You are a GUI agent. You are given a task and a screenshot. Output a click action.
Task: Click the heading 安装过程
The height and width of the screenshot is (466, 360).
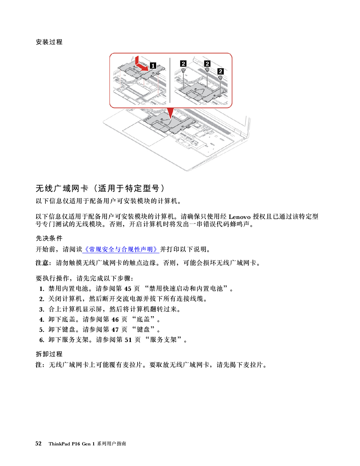(49, 42)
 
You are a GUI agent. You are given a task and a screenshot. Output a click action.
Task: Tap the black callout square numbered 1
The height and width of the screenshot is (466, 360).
(153, 66)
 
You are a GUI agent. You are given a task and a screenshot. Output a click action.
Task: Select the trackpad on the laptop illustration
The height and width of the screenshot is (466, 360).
(145, 134)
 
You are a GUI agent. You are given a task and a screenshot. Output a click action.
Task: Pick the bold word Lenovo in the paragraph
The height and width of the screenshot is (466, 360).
(239, 217)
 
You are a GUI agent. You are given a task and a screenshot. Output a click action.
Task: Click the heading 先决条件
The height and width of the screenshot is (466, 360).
(49, 238)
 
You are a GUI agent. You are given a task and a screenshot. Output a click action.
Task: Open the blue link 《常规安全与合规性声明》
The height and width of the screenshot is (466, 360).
(121, 249)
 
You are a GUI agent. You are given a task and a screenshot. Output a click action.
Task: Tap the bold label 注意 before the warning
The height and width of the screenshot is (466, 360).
(42, 263)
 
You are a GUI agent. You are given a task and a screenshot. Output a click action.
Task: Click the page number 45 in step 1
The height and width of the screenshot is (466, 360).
(128, 289)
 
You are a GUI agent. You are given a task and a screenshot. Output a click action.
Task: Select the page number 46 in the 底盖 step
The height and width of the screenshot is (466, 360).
(115, 319)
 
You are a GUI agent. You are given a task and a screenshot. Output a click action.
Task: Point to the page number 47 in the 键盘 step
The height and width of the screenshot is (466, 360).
(115, 330)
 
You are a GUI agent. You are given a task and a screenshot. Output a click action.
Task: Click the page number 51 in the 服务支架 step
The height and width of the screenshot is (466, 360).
(128, 340)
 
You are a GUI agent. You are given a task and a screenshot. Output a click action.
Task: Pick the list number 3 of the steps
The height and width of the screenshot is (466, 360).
(42, 310)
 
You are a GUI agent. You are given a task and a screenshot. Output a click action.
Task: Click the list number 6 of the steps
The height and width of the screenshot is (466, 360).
(42, 340)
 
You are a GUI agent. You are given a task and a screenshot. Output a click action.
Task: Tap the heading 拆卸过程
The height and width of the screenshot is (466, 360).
(49, 354)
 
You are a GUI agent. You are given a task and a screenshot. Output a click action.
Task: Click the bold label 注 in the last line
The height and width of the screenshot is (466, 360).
(39, 365)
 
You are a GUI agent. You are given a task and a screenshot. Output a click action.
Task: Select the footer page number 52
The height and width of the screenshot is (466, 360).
(38, 443)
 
